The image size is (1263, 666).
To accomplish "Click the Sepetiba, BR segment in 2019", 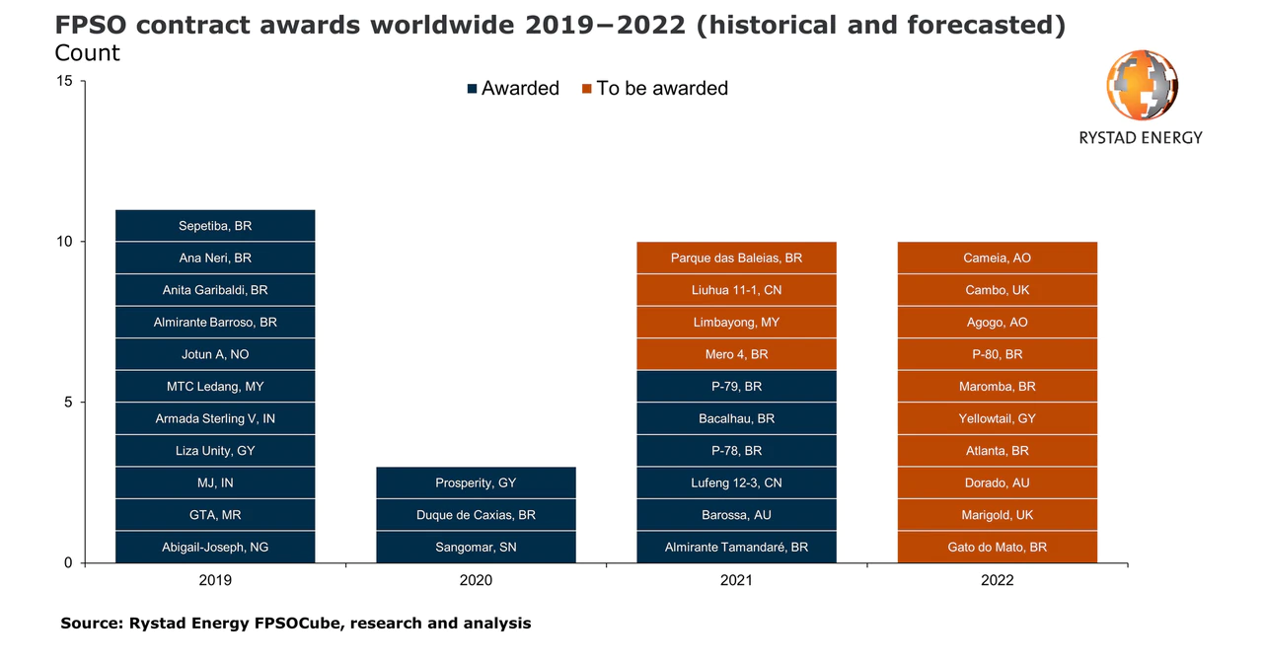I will [x=215, y=226].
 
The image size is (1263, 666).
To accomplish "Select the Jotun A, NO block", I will [x=215, y=354].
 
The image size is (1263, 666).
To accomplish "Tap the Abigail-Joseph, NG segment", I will [x=215, y=547].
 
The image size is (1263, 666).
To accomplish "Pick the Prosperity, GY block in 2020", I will [x=476, y=482].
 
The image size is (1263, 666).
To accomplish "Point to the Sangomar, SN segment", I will [x=476, y=547].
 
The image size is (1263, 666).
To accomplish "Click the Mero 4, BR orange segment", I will [x=736, y=354].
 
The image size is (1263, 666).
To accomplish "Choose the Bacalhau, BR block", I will [x=736, y=418].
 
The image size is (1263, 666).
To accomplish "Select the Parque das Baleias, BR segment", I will [x=736, y=258].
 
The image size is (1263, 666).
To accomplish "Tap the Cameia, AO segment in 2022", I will [x=997, y=258].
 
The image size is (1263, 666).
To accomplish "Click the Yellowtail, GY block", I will [x=997, y=418].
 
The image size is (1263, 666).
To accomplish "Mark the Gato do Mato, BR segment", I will [x=997, y=547].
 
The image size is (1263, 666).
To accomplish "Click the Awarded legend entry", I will [x=513, y=89].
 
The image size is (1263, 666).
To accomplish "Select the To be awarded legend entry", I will [x=655, y=89].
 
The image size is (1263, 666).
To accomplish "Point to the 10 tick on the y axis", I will [x=64, y=242].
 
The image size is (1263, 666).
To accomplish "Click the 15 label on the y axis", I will [x=64, y=81].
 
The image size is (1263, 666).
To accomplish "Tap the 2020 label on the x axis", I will [x=476, y=580].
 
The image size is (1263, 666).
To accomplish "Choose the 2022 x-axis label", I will [x=997, y=580].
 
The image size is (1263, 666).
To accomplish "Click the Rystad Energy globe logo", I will [x=1142, y=85].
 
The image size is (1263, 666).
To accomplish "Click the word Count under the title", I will [x=87, y=53].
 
